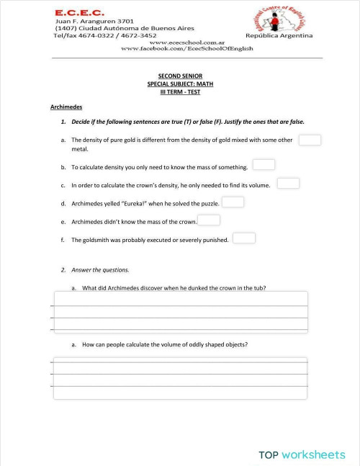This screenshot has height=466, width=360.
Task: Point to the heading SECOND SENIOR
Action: pos(181,76)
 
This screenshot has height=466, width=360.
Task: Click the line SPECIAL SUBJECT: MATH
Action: pos(181,84)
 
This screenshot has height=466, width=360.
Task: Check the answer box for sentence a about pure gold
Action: pos(310,140)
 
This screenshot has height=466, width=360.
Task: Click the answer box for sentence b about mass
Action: pos(264,165)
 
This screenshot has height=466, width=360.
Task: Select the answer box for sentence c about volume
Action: pos(288,183)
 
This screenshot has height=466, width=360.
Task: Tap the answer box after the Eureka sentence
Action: pos(233,202)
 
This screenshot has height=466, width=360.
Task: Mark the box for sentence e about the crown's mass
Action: pos(209,220)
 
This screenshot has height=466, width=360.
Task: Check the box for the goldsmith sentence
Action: pos(244,238)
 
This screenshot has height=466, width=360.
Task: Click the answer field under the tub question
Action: pos(180,310)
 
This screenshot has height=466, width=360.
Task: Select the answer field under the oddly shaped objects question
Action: pos(180,378)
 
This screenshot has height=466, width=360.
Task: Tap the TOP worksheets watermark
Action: pos(302,454)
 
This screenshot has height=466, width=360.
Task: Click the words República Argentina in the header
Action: pos(279,35)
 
